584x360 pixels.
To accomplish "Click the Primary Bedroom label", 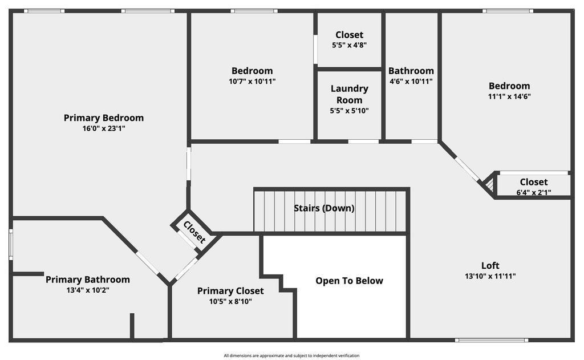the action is click(104, 118).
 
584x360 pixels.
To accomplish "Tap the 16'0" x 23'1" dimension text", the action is click(104, 128).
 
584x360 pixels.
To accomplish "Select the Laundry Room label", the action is click(350, 94).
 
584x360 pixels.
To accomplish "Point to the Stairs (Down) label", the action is click(324, 208).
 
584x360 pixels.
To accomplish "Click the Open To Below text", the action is click(349, 281).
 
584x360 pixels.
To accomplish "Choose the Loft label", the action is click(490, 265).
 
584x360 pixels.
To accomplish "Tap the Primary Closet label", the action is click(230, 291).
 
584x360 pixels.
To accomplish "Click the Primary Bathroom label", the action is click(87, 280).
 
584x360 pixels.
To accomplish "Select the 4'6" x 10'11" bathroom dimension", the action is click(411, 81).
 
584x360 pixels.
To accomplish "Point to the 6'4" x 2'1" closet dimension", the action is click(534, 192).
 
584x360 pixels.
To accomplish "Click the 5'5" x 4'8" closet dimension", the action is click(350, 45).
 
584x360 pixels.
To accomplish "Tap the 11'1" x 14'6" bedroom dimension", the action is click(509, 96).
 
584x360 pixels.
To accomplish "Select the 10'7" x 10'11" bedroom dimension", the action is click(252, 81).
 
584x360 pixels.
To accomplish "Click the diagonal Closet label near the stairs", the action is click(194, 232).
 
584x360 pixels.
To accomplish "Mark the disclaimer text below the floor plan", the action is click(291, 355).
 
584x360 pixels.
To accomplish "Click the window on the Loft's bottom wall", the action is click(492, 340).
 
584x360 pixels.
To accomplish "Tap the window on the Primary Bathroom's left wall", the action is click(11, 245).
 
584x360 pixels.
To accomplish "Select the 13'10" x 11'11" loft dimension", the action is click(490, 276).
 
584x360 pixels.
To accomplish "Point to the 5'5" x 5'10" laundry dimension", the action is click(350, 111).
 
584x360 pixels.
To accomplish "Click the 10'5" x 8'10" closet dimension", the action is click(230, 301).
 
